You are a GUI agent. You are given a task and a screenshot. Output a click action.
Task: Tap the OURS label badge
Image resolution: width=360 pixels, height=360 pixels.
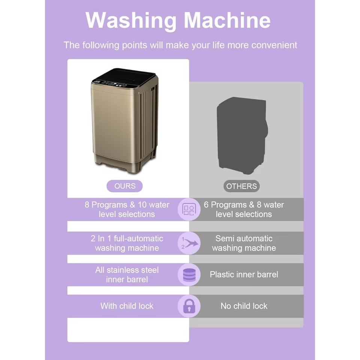[x=125, y=186]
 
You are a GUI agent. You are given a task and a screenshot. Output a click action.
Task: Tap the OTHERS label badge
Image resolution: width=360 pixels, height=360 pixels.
[x=241, y=186]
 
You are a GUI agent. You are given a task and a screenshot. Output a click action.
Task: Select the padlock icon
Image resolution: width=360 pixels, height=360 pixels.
[x=189, y=306]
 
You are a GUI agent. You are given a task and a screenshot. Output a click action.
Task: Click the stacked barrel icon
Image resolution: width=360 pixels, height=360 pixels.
[x=189, y=274]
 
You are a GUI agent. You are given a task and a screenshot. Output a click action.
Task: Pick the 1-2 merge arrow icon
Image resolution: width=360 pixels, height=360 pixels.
[x=189, y=243]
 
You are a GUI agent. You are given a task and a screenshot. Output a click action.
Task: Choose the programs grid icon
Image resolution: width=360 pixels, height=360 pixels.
[x=189, y=210]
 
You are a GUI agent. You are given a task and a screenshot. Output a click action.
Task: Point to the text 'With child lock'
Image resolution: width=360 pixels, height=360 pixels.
[x=127, y=306]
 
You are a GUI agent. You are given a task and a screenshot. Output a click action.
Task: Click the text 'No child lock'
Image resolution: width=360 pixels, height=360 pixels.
[x=244, y=306]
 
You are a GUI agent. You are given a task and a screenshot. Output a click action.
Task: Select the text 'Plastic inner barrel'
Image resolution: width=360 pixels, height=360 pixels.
[x=244, y=274]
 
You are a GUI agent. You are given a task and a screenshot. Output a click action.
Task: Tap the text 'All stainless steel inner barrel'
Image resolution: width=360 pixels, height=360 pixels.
[x=127, y=274]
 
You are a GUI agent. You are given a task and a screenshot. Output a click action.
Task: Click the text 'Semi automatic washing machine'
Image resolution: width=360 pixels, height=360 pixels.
[x=244, y=243]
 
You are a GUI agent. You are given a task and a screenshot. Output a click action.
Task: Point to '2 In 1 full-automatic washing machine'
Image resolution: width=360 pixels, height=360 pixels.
[x=127, y=243]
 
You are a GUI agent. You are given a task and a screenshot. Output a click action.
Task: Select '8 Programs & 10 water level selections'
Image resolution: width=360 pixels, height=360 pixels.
[x=127, y=210]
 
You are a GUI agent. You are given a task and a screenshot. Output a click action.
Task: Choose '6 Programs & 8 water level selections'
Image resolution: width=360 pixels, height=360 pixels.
[x=244, y=210]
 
